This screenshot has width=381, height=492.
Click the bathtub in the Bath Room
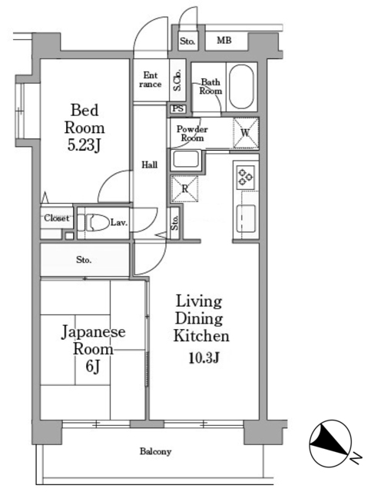[x=241, y=87]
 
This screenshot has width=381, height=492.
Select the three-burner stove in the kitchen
[x=246, y=178]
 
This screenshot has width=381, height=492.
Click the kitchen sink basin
[x=246, y=218]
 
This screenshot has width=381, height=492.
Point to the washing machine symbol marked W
[x=246, y=133]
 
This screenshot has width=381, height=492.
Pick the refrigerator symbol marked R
[x=184, y=188]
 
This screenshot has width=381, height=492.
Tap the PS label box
[x=177, y=108]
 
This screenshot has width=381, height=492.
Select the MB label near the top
[x=224, y=40]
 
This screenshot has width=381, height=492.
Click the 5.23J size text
[x=84, y=145]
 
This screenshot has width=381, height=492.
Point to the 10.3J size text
[x=204, y=357]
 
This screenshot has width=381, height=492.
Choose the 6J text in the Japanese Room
[x=93, y=366]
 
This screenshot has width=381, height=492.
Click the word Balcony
[x=155, y=451]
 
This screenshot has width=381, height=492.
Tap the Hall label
[x=149, y=165]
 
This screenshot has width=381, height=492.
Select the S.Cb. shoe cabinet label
[x=177, y=80]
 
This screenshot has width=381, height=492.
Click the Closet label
[x=57, y=218]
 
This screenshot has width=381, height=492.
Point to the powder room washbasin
[x=185, y=160]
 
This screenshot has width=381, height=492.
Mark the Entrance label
[x=151, y=80]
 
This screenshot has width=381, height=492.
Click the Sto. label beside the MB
[x=187, y=41]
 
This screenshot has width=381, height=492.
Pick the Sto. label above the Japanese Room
[x=84, y=260]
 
